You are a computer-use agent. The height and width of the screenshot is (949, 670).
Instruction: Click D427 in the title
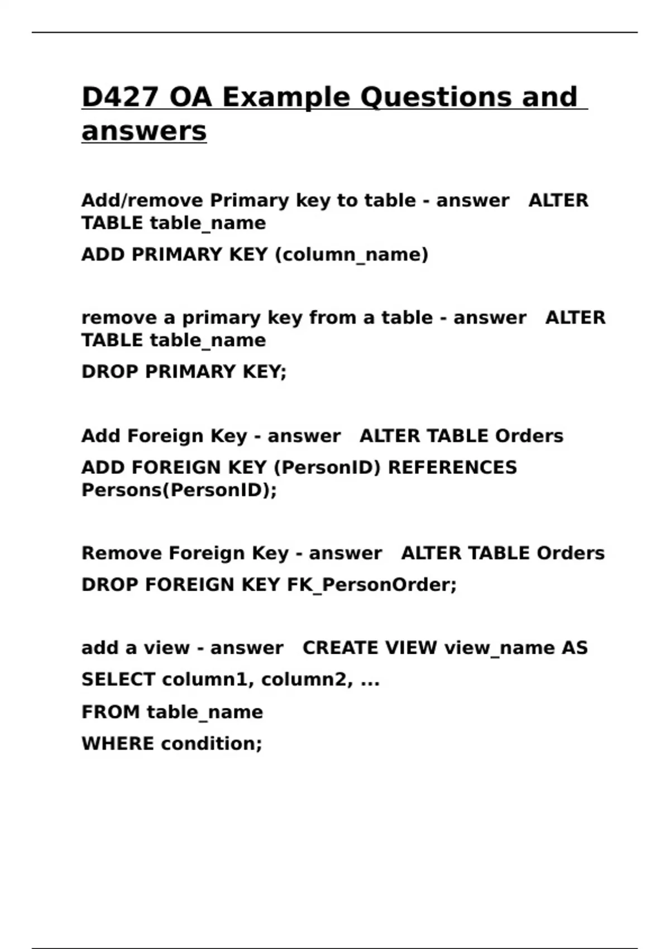120,97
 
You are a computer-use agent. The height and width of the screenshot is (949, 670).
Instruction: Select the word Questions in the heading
436,97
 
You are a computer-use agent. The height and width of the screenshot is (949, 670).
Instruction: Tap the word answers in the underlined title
144,131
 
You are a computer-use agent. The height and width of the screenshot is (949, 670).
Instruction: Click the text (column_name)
352,255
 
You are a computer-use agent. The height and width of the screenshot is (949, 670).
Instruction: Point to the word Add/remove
142,200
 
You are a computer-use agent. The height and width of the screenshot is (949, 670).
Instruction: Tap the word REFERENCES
452,467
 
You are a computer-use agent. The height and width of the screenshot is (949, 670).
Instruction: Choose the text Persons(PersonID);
179,490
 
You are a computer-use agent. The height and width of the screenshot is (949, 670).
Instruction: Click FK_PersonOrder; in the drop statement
372,585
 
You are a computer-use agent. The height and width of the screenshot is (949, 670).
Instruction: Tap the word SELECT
118,680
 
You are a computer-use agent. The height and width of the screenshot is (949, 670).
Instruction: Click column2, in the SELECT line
307,680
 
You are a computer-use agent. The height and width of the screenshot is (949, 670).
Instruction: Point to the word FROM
110,712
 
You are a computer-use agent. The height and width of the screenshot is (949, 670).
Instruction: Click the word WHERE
117,744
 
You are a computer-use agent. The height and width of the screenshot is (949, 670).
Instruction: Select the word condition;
211,744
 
